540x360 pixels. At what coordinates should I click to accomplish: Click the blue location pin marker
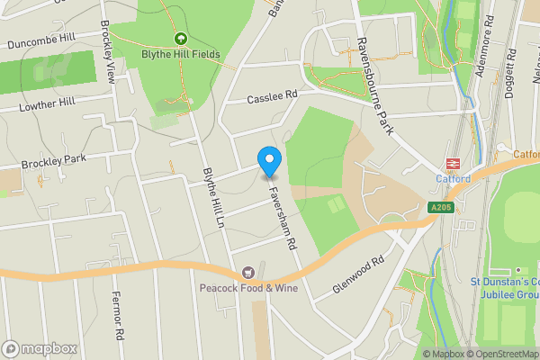[x=269, y=160]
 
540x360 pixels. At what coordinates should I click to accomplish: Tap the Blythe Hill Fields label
[x=181, y=54]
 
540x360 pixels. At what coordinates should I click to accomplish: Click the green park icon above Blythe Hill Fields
[x=181, y=39]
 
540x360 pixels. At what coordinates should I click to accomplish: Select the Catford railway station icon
[x=453, y=164]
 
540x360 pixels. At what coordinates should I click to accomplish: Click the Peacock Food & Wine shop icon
[x=247, y=273]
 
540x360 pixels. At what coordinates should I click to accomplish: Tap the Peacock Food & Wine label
[x=247, y=288]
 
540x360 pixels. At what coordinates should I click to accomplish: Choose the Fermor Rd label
[x=116, y=315]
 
